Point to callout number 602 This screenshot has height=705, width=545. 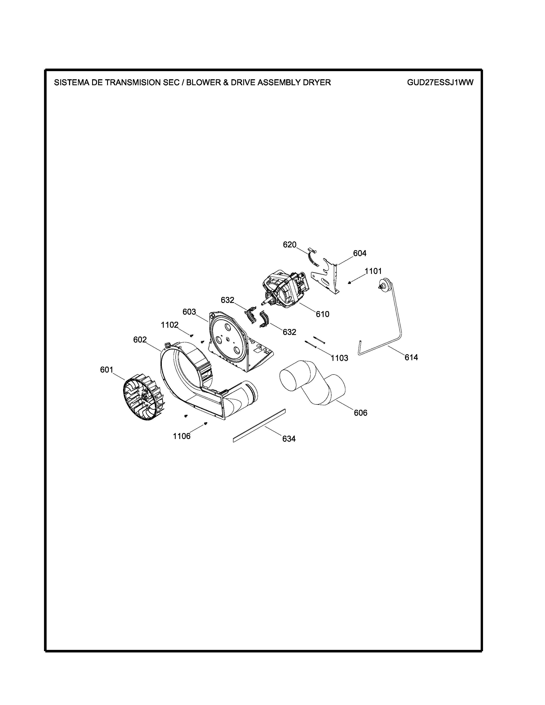pos(140,340)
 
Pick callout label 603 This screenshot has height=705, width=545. pos(189,312)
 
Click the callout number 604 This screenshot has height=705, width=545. pos(360,253)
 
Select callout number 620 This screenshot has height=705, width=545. pos(290,245)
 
